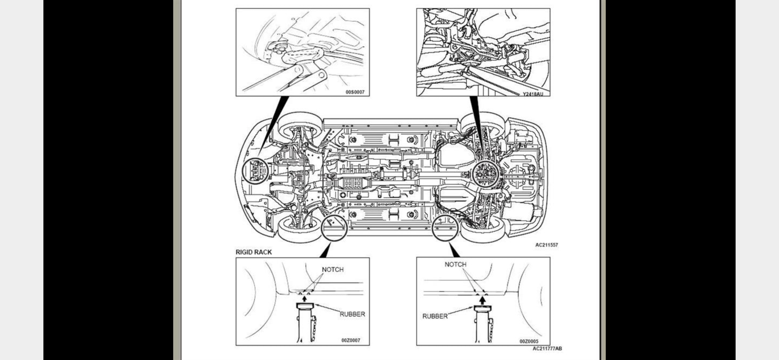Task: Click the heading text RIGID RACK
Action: (x=254, y=252)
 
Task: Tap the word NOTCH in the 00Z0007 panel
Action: (x=333, y=270)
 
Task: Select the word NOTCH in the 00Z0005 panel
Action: (x=455, y=265)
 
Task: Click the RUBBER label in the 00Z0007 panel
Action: (x=352, y=314)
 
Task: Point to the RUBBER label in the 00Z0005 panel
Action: (x=435, y=316)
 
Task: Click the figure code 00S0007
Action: (x=355, y=92)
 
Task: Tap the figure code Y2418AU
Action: (x=532, y=94)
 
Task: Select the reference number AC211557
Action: (x=546, y=245)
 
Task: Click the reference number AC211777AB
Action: (x=547, y=349)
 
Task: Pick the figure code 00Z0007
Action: (x=351, y=340)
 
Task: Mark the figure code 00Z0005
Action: (x=529, y=341)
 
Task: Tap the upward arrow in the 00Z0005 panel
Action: (x=482, y=300)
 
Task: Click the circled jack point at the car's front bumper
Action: (x=255, y=171)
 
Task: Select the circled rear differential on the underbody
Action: (x=485, y=174)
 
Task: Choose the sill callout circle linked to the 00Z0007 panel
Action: (x=334, y=227)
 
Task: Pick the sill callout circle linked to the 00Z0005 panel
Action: (x=445, y=227)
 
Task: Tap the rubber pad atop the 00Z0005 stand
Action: (x=482, y=309)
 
